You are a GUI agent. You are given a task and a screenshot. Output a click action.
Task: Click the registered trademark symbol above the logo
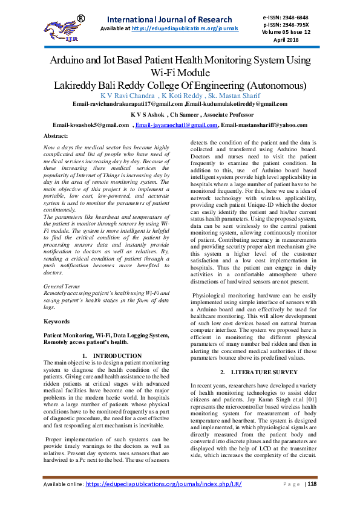pyautogui.click(x=80, y=19)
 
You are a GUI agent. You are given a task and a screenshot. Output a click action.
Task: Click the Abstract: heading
pyautogui.click(x=57, y=137)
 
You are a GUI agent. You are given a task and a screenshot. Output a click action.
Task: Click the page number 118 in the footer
pyautogui.click(x=313, y=484)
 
